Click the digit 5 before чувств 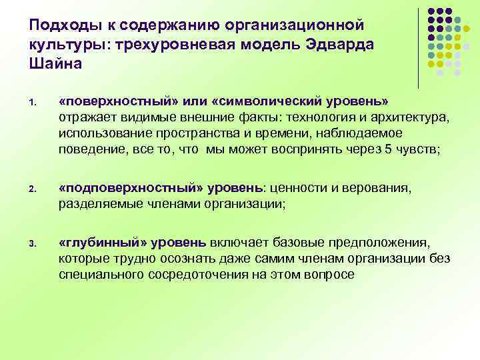tap(389, 148)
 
